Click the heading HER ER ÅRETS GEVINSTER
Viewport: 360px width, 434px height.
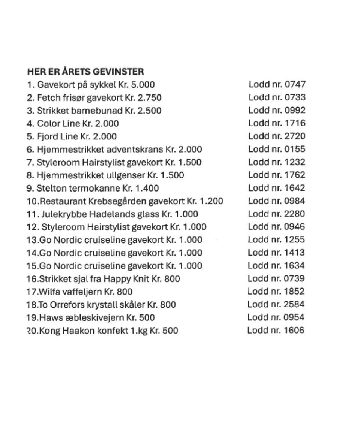pyautogui.click(x=85, y=71)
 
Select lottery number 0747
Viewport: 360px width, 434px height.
pyautogui.click(x=295, y=85)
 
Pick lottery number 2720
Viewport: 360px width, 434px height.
pyautogui.click(x=295, y=136)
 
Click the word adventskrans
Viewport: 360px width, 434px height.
pyautogui.click(x=135, y=150)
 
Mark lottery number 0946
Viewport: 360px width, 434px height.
pyautogui.click(x=295, y=227)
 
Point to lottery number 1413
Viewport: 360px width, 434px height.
pyautogui.click(x=295, y=253)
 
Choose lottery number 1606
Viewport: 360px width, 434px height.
pyautogui.click(x=294, y=331)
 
